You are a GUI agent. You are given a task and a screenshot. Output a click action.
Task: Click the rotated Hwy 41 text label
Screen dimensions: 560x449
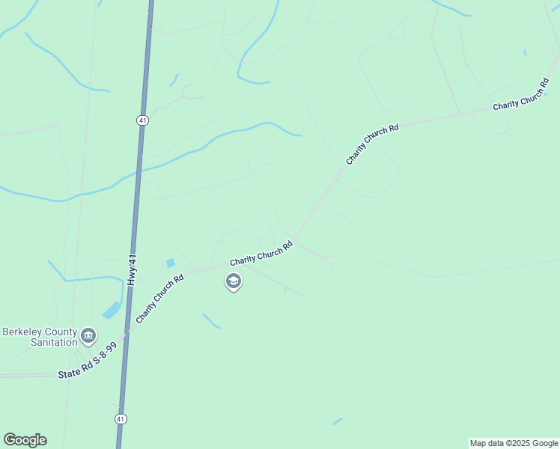pos(133,269)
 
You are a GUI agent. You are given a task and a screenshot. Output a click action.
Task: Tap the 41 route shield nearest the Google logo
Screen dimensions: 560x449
pos(120,418)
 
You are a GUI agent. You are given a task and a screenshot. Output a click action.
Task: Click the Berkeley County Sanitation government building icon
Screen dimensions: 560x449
pos(88,335)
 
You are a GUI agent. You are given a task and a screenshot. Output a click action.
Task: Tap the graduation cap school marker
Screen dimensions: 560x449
pos(233,281)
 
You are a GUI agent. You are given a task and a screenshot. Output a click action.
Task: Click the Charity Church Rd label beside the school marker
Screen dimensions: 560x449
pos(261,253)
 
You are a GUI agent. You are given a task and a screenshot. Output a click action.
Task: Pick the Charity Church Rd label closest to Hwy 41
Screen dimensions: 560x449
pos(159,300)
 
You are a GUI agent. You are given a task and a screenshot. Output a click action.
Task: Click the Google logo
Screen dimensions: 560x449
pos(25,440)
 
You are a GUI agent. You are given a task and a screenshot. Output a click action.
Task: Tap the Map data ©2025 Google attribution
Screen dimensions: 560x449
pos(514,443)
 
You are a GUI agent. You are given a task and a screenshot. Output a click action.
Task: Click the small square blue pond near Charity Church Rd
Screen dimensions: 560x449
pos(171,263)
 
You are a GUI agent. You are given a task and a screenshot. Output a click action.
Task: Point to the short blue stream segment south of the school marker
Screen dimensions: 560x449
pos(211,321)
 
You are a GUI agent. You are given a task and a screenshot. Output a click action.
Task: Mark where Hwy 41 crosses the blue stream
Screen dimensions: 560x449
pos(137,173)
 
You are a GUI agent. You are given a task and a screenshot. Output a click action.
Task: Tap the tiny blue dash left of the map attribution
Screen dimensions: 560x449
pos(338,422)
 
